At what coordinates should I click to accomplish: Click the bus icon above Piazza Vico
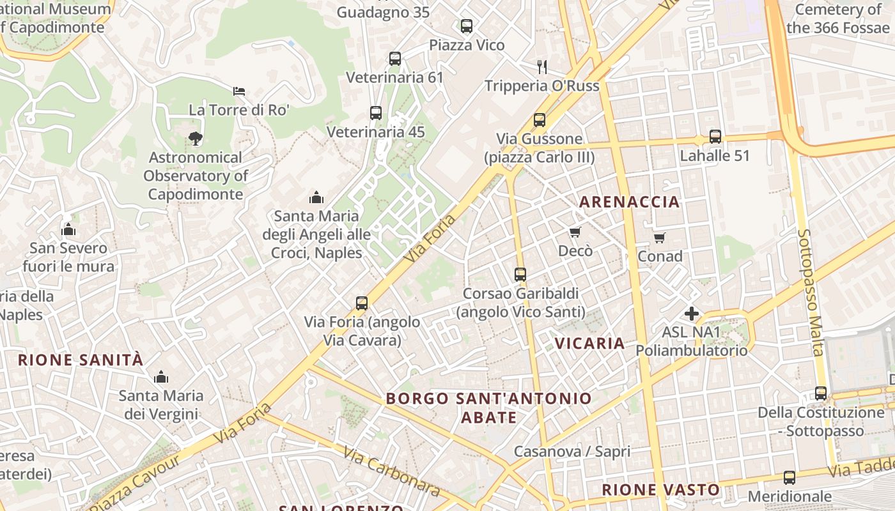click(467, 26)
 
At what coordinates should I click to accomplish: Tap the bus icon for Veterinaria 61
click(395, 59)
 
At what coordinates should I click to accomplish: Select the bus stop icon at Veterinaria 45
click(376, 113)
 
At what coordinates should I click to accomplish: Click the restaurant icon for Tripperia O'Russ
click(542, 66)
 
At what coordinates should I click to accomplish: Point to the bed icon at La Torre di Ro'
click(239, 91)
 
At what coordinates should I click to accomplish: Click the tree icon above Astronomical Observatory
click(195, 138)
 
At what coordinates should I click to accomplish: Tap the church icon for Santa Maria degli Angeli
click(316, 197)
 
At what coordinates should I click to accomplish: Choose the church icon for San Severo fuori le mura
click(68, 229)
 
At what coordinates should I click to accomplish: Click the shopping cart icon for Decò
click(575, 233)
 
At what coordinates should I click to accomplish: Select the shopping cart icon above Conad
click(660, 238)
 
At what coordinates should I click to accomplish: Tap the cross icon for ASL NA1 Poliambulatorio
click(691, 314)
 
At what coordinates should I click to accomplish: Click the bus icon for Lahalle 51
click(715, 137)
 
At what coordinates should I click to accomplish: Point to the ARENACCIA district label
click(629, 202)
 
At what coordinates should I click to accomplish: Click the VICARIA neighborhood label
click(589, 344)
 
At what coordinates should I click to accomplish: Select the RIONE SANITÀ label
click(81, 360)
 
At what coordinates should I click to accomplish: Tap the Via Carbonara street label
click(391, 471)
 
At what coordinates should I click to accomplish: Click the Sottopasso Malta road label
click(811, 292)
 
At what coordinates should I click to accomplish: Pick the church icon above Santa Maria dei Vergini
click(161, 377)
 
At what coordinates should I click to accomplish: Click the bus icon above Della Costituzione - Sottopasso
click(821, 393)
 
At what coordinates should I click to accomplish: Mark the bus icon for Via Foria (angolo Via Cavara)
click(362, 303)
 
